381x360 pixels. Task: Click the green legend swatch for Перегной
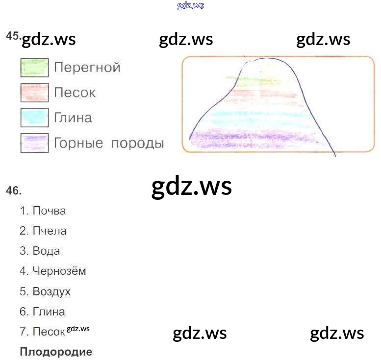click(34, 68)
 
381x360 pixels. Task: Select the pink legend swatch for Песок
click(34, 93)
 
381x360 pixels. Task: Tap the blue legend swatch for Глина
click(34, 118)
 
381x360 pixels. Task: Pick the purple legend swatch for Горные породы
click(34, 143)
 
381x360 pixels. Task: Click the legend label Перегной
click(87, 68)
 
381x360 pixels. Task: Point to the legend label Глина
click(73, 118)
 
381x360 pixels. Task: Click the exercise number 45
click(12, 36)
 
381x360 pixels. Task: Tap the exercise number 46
click(14, 191)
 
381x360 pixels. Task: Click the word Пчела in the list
click(50, 231)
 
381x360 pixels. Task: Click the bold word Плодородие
click(56, 352)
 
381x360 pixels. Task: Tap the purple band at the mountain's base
click(255, 138)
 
